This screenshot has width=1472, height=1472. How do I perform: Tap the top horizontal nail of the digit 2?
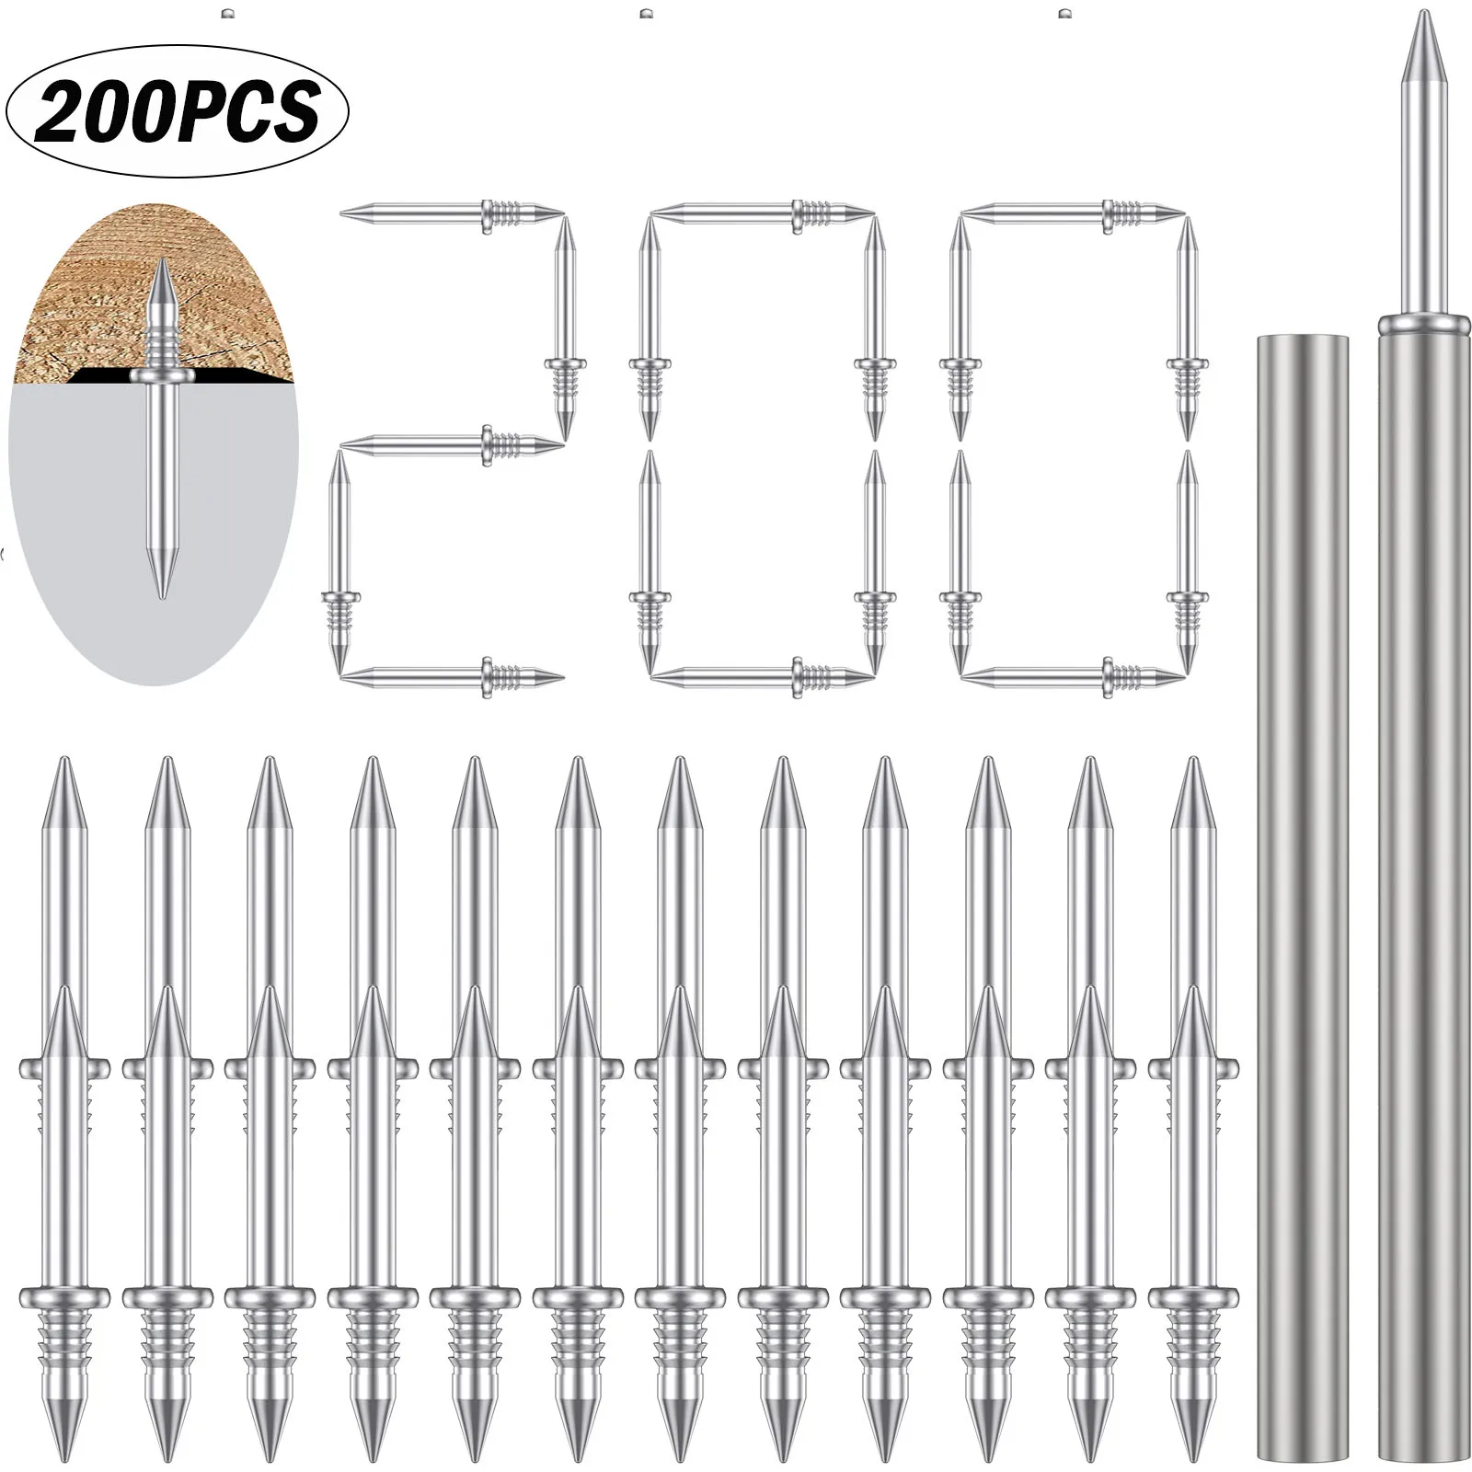pos(451,213)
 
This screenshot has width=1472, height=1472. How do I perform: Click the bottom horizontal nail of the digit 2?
pos(451,677)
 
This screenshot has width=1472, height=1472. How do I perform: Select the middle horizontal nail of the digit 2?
pos(451,445)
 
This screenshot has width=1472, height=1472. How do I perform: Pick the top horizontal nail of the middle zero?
pos(762,213)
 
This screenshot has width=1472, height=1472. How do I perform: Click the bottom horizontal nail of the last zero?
pos(1073,677)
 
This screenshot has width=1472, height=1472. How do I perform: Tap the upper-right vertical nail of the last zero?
pos(1189,327)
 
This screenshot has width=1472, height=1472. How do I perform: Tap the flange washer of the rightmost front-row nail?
pos(1193,1297)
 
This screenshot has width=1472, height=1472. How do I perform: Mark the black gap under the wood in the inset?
pos(101,375)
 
